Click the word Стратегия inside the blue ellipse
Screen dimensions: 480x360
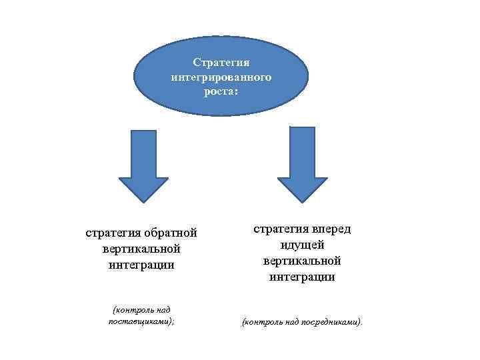point(221,63)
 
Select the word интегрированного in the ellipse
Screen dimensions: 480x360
point(221,77)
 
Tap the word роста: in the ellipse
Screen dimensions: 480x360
point(221,92)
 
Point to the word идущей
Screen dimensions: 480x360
point(302,244)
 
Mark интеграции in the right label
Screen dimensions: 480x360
point(302,275)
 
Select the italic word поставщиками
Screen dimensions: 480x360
point(140,321)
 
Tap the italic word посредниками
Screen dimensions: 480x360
point(331,323)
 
